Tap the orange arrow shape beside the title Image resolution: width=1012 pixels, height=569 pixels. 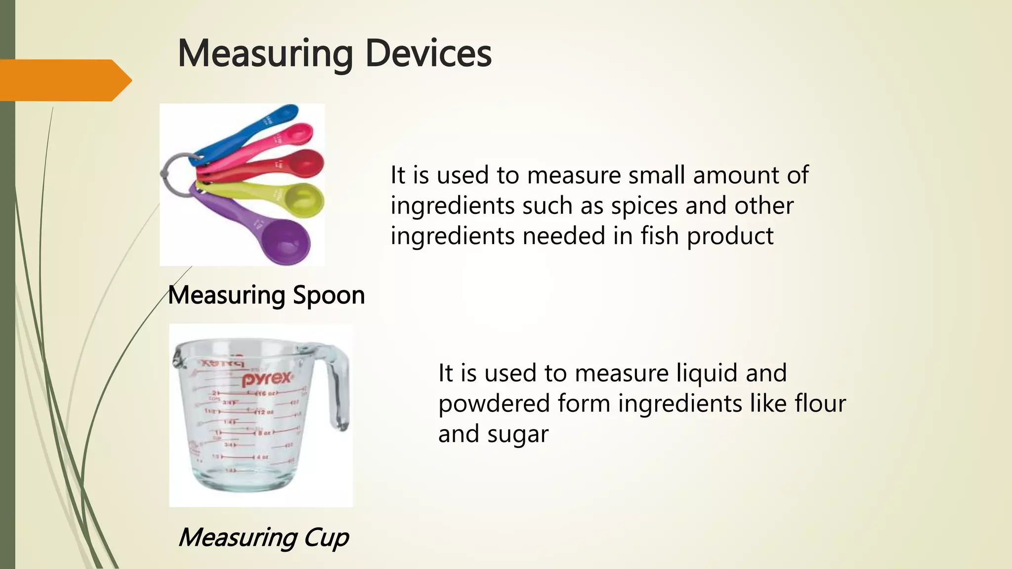[x=64, y=80]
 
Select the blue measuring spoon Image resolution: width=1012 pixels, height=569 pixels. [x=247, y=129]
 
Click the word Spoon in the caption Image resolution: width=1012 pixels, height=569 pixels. [x=329, y=295]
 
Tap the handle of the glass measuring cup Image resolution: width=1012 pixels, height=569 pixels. [x=338, y=390]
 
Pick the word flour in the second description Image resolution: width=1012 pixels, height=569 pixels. [x=820, y=404]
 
